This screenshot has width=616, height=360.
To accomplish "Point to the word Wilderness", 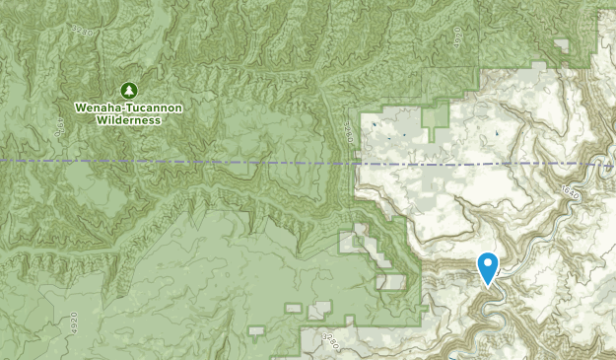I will [128, 119].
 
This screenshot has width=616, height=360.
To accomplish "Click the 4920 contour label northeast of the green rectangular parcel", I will [458, 36].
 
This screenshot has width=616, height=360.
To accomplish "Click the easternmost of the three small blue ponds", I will [497, 130].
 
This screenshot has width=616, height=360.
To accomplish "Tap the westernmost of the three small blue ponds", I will [375, 125].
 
